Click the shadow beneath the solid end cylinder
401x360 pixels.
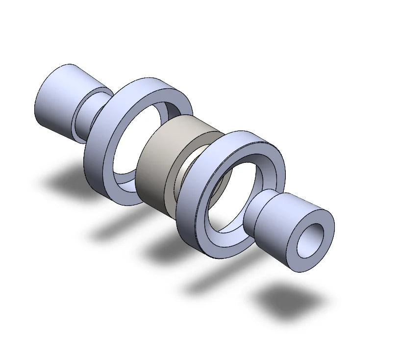pos(69,181)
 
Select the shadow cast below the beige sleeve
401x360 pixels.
pos(169,250)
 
